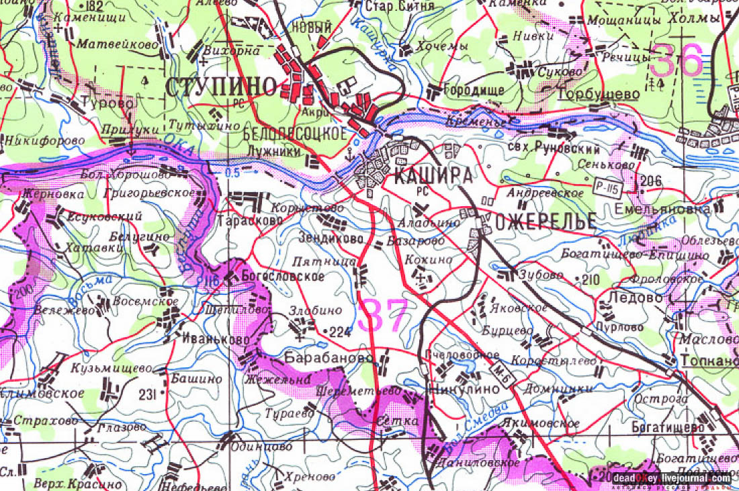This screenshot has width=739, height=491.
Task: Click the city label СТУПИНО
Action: coord(221,87)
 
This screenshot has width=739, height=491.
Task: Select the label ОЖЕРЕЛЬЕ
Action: coord(546,221)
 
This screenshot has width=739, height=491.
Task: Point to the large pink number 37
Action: coord(383,316)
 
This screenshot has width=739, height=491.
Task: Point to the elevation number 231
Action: coord(150,394)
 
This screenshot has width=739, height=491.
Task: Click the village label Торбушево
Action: coord(599,95)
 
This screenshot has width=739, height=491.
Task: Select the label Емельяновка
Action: coord(662,210)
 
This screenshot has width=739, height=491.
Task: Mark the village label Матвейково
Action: coord(118,44)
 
